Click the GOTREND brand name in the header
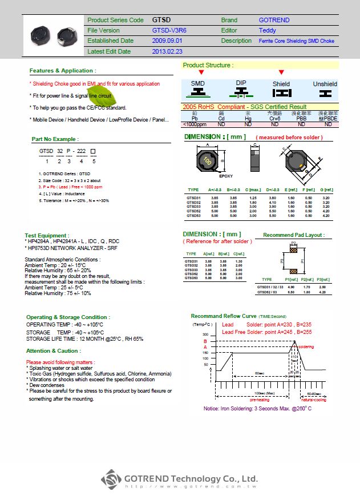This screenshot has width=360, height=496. (274, 20)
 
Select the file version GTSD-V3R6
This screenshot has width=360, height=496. (168, 30)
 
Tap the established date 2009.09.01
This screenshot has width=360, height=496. (167, 41)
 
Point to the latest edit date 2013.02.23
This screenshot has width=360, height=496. (167, 51)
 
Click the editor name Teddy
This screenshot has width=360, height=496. (267, 30)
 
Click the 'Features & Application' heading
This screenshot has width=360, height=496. (62, 71)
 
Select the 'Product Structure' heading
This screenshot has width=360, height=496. (208, 66)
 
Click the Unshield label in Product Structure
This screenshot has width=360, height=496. (325, 84)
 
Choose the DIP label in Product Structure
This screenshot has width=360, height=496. (241, 83)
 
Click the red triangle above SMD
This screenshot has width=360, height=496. (201, 72)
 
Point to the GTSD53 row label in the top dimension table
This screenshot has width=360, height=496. (193, 216)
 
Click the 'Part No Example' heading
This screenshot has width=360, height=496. (55, 139)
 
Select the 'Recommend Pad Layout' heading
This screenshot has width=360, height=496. (293, 235)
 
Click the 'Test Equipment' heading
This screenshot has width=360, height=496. (47, 235)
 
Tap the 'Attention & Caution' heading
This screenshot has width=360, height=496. (53, 351)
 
